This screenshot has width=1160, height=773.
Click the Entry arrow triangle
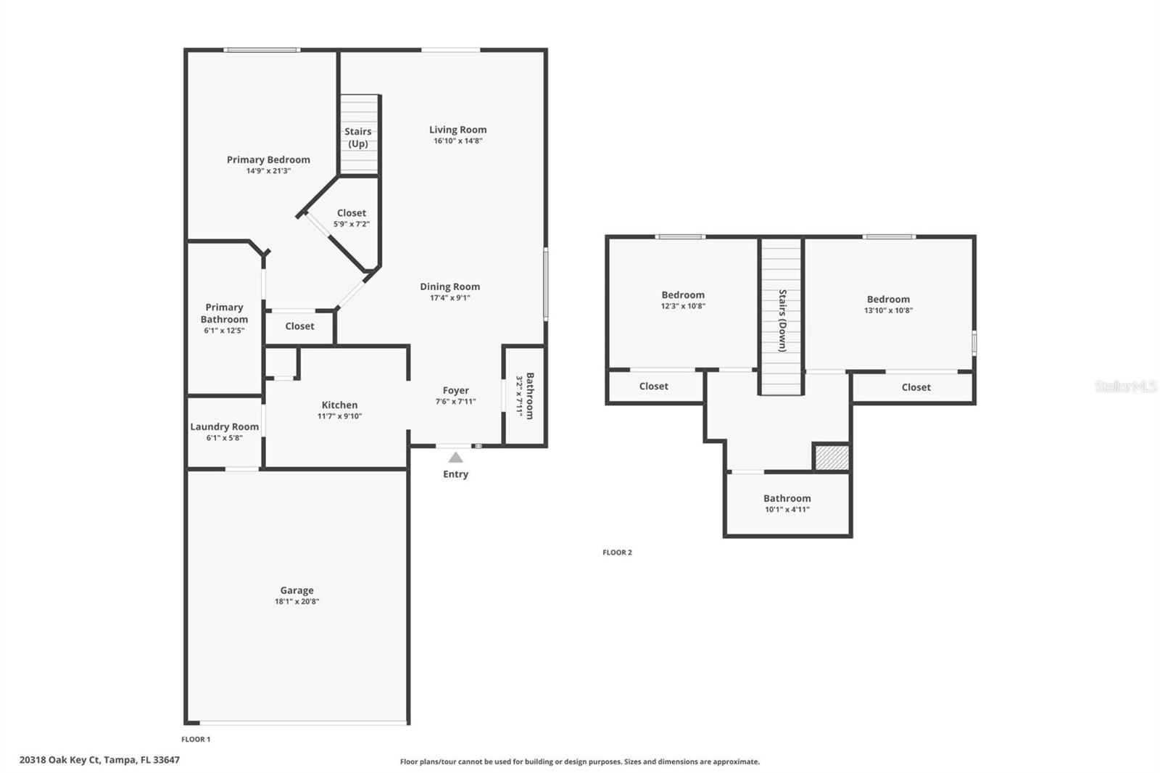(x=455, y=458)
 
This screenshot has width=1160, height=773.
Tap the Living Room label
(x=457, y=130)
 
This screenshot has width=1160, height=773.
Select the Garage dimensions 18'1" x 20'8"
(x=297, y=602)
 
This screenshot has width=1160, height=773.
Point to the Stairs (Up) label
(x=358, y=137)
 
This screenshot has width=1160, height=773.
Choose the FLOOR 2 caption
(x=617, y=553)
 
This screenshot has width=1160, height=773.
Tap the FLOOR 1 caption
(x=196, y=740)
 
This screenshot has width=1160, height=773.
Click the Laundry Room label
(x=224, y=426)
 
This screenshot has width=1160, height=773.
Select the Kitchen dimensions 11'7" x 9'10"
(x=340, y=416)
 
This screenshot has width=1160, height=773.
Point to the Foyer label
(x=456, y=390)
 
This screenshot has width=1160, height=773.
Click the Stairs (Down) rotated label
(x=782, y=321)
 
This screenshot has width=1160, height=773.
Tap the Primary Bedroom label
(x=268, y=160)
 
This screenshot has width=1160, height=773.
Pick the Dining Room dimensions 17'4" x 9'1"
(x=450, y=298)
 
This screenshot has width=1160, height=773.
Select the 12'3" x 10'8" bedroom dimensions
(x=683, y=306)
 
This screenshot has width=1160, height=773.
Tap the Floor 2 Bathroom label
(x=787, y=498)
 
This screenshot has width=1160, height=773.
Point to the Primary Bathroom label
(x=224, y=313)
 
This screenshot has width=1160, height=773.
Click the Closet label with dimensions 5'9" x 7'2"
(x=352, y=213)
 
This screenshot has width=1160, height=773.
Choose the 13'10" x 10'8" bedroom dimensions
(x=889, y=310)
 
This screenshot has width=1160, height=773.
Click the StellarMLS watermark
(x=1126, y=386)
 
